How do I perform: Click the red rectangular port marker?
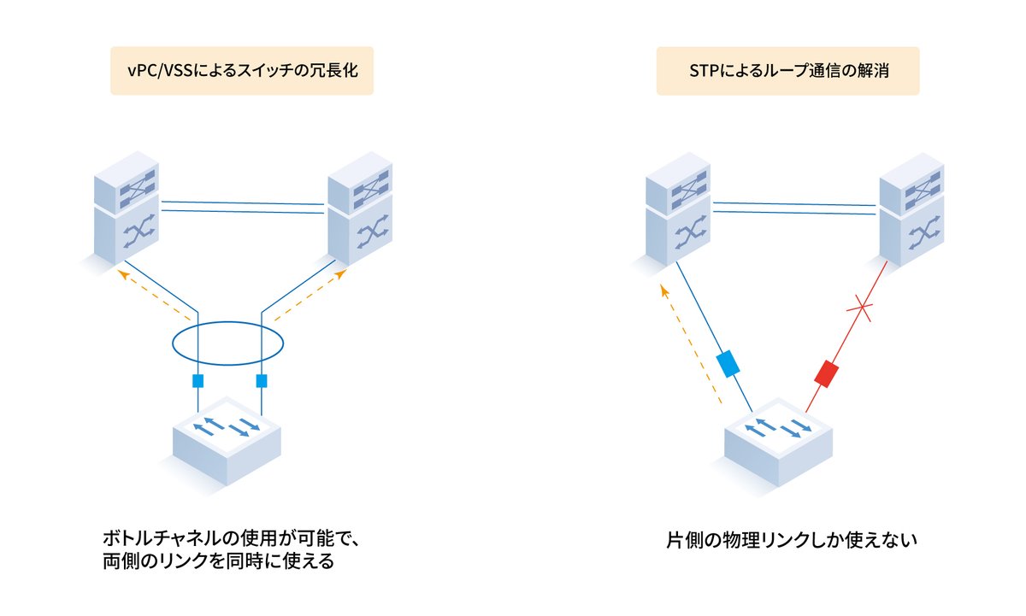tap(827, 373)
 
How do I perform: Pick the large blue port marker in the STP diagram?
tap(727, 364)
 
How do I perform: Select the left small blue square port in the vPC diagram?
tap(198, 381)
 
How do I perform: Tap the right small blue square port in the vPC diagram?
tap(262, 381)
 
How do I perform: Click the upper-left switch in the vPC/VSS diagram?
tap(126, 209)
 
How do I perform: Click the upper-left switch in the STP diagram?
tap(677, 209)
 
